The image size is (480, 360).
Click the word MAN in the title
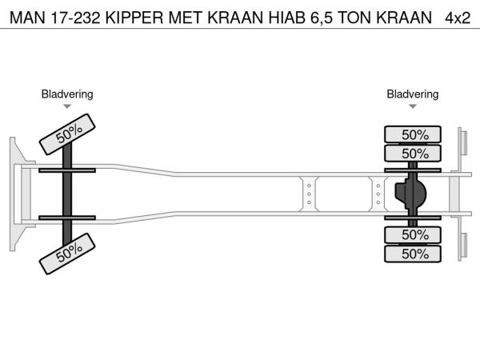[x=27, y=18]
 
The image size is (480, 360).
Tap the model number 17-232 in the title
[x=76, y=18]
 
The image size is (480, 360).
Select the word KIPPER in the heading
[x=134, y=18]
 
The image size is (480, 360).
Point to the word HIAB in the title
[x=287, y=18]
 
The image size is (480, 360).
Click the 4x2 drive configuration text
[x=458, y=18]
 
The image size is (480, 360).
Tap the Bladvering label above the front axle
[x=67, y=94]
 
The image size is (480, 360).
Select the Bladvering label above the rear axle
[x=413, y=94]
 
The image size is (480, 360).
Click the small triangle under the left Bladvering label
[x=67, y=106]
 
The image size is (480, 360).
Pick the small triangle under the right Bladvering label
[x=413, y=106]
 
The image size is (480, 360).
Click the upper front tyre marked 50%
[x=67, y=134]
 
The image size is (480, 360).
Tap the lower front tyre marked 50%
[x=67, y=254]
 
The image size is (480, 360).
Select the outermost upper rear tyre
[x=413, y=134]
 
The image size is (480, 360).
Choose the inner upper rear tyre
[x=413, y=153]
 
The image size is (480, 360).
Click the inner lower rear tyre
[x=413, y=234]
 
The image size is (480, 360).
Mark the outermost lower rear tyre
[x=413, y=254]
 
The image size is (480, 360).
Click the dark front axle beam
[x=67, y=194]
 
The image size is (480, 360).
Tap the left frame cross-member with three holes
[x=309, y=194]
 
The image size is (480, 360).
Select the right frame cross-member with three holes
[x=378, y=194]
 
